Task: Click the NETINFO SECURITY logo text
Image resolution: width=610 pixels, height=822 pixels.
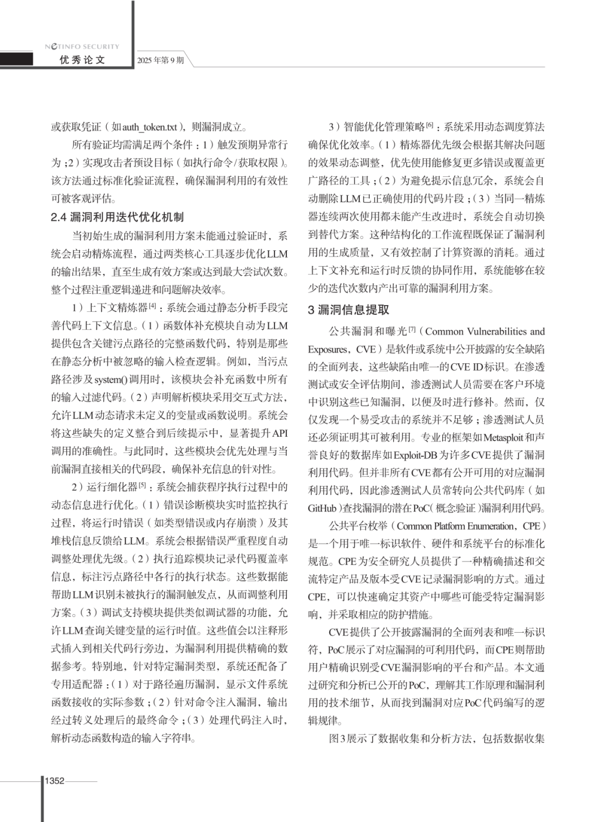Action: [x=82, y=46]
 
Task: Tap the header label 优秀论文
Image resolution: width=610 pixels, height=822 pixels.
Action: [x=82, y=60]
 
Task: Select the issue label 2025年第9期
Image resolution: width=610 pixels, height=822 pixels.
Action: [x=160, y=60]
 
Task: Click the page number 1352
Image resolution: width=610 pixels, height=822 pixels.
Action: [x=55, y=781]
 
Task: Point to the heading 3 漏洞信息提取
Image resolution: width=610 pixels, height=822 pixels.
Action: [x=348, y=310]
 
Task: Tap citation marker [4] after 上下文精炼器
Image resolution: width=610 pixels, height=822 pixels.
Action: [x=152, y=305]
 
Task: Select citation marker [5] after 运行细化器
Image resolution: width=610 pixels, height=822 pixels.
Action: [x=142, y=484]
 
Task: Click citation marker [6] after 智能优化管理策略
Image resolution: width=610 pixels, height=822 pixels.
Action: [x=430, y=124]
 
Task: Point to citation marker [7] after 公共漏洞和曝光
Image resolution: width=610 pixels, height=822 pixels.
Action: [x=412, y=329]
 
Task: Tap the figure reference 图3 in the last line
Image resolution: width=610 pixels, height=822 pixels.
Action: [x=335, y=738]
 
